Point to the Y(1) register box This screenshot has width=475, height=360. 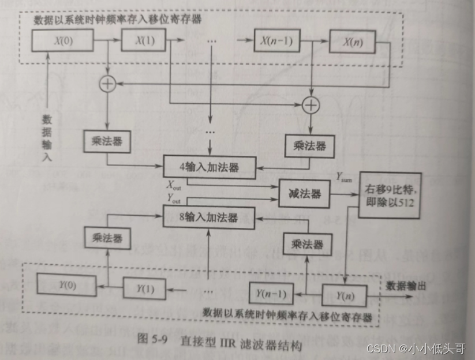[144, 287]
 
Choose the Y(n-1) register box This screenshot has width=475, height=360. [271, 292]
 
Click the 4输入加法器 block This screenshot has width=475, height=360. [208, 167]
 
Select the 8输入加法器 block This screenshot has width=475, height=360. [208, 217]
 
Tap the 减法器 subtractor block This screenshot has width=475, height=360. [304, 193]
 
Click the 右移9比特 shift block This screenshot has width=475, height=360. [390, 195]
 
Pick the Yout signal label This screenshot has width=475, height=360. [174, 198]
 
